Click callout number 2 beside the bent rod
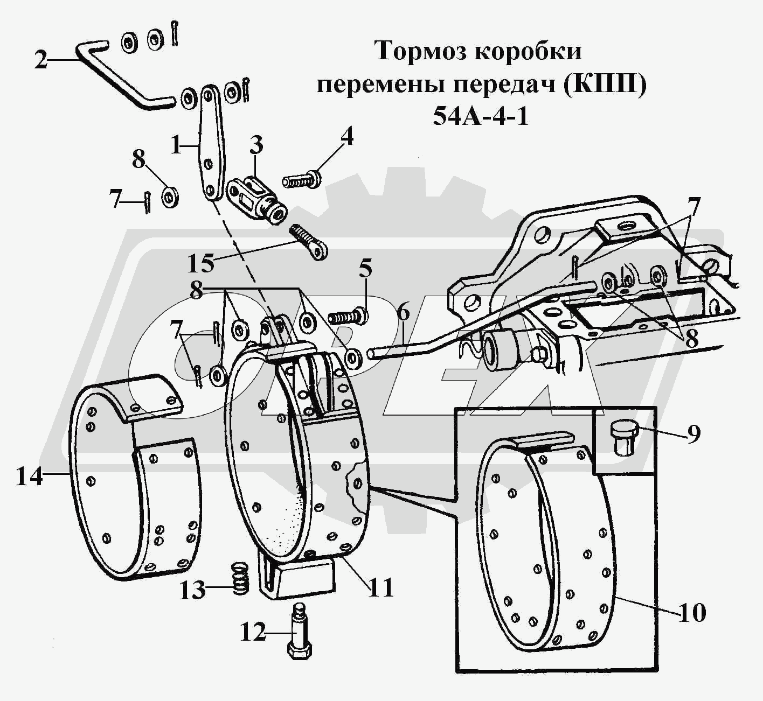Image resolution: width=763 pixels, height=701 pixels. coord(41,60)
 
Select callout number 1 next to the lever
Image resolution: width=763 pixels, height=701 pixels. coord(176,145)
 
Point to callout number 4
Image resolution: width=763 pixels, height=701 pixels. coord(346,137)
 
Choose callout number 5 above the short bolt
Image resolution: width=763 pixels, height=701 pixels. coord(366,270)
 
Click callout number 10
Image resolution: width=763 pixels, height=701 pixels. coord(692,613)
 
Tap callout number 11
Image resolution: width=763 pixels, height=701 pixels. coord(380,588)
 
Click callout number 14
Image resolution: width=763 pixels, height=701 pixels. coord(29,476)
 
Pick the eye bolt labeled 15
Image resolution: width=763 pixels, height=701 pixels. coord(309,241)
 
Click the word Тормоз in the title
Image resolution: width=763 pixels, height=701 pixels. coord(414,52)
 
